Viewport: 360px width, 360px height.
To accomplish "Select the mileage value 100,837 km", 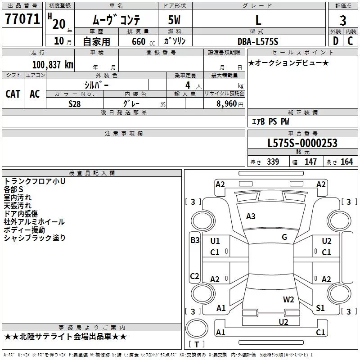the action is pos(53,65).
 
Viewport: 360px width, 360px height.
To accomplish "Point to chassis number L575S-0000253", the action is pos(302,144).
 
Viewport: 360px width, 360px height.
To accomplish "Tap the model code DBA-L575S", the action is pos(258,41).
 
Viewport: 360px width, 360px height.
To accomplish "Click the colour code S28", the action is pos(75,103).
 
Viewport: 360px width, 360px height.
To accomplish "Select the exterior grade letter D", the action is pos(335,41).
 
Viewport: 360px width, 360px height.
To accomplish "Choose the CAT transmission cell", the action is pos(13,94).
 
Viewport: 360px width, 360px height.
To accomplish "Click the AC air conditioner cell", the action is pos(35,94).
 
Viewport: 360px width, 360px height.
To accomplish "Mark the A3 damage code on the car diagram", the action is pos(251,216).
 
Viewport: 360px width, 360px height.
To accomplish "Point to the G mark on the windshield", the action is pos(284,237).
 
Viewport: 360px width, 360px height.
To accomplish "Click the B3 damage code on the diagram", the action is pos(195,240).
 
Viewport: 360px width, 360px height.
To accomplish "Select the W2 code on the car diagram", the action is pos(288,299).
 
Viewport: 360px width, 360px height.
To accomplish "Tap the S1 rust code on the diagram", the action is pos(320,308).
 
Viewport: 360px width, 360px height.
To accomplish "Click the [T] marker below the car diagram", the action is pos(196,345).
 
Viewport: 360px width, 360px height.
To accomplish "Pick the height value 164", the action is pos(346,162).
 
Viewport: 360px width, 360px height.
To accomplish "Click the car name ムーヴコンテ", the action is pos(117,20).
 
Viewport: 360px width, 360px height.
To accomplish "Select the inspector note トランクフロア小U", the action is pos(35,181).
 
